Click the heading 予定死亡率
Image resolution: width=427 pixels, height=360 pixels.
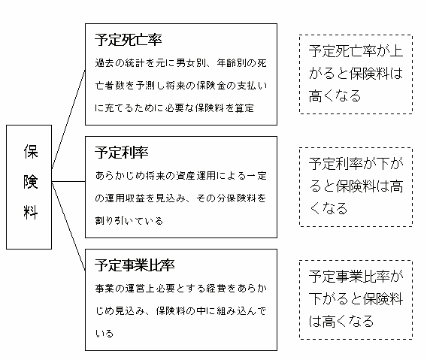129,40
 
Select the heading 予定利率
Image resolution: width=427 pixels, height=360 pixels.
122,153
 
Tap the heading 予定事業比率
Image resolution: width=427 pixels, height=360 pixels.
135,265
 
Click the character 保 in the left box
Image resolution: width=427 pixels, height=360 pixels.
31,151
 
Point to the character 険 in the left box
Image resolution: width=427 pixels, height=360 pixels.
31,181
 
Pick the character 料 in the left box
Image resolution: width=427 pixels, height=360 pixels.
31,212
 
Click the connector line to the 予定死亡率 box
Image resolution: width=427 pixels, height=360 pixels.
68,119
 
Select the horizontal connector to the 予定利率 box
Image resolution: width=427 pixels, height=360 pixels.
68,181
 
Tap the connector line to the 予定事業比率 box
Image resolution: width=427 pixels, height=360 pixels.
68,226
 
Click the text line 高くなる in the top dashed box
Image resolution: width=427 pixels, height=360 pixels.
335,96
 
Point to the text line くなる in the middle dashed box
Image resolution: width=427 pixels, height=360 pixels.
329,209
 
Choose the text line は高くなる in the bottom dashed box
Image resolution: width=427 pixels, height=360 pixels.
341,322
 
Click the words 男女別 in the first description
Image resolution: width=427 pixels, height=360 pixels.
191,63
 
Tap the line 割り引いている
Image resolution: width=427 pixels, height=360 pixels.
129,220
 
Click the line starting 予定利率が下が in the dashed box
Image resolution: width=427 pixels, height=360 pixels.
356,164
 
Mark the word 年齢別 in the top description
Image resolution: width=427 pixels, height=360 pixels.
232,63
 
